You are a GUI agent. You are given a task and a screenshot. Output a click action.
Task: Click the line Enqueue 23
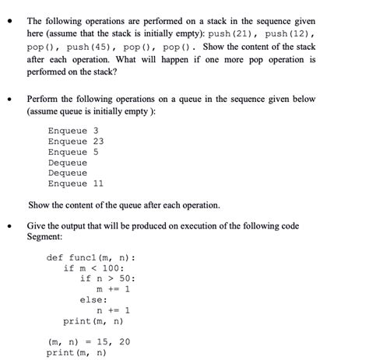click(x=76, y=142)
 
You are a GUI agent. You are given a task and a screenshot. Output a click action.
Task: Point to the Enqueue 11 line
click(x=76, y=183)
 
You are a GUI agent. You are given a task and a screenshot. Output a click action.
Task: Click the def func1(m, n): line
click(x=90, y=258)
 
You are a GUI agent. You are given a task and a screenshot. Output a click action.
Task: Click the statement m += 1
click(x=113, y=289)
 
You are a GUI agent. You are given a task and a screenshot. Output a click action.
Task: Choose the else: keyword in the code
click(x=94, y=299)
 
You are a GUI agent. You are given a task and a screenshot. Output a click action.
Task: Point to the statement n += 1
click(x=113, y=310)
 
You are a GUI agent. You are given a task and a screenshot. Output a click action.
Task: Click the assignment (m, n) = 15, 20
click(x=89, y=341)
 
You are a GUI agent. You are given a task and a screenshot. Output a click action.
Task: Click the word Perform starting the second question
click(x=45, y=100)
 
